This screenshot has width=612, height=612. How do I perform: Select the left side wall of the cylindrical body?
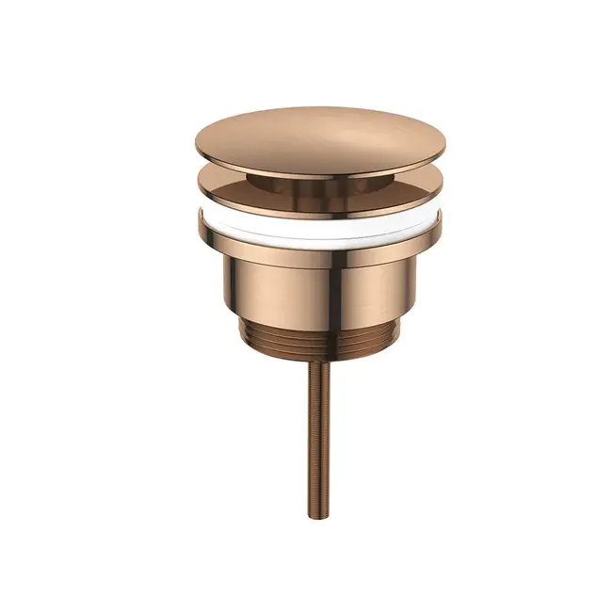(231, 282)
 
